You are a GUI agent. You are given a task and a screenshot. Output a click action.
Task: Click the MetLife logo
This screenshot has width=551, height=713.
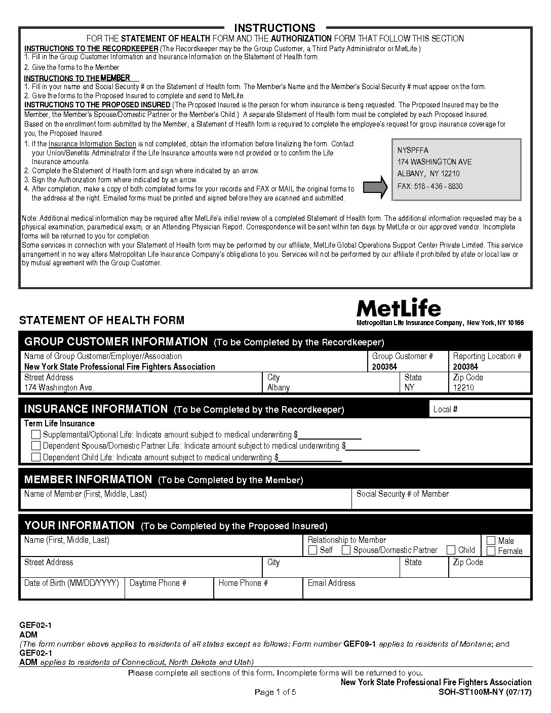pyautogui.click(x=399, y=307)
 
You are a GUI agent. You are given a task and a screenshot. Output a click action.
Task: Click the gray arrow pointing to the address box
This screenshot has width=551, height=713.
pyautogui.click(x=376, y=186)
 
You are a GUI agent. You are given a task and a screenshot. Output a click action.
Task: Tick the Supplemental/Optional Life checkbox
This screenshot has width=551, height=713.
pyautogui.click(x=36, y=434)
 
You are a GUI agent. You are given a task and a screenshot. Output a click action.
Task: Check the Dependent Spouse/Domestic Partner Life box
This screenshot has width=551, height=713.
pyautogui.click(x=36, y=446)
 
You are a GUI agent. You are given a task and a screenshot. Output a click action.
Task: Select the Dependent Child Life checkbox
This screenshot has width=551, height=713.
pyautogui.click(x=36, y=457)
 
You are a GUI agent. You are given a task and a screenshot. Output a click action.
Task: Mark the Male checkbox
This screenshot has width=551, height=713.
pyautogui.click(x=491, y=540)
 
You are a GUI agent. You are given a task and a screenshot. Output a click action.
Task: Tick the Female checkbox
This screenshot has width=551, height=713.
pyautogui.click(x=491, y=551)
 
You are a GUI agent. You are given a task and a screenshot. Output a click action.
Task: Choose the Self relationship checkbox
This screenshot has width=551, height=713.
pyautogui.click(x=313, y=550)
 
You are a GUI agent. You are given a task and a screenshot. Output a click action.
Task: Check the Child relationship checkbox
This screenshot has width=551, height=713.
pyautogui.click(x=451, y=550)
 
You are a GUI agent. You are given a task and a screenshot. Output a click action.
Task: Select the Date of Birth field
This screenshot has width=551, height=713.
pyautogui.click(x=72, y=591)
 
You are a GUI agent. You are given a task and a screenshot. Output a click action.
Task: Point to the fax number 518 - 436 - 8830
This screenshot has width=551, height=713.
pyautogui.click(x=430, y=186)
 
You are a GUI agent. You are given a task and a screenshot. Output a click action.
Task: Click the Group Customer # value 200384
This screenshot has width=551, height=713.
pyautogui.click(x=385, y=367)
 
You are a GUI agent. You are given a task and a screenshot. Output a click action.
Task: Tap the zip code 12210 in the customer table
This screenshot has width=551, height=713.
pyautogui.click(x=463, y=387)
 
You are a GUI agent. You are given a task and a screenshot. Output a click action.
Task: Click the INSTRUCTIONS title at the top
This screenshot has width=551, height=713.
pyautogui.click(x=275, y=28)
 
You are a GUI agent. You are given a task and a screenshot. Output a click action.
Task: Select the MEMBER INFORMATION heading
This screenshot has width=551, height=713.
pyautogui.click(x=88, y=479)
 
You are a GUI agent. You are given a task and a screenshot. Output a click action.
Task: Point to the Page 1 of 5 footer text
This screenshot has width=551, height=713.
pyautogui.click(x=275, y=692)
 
